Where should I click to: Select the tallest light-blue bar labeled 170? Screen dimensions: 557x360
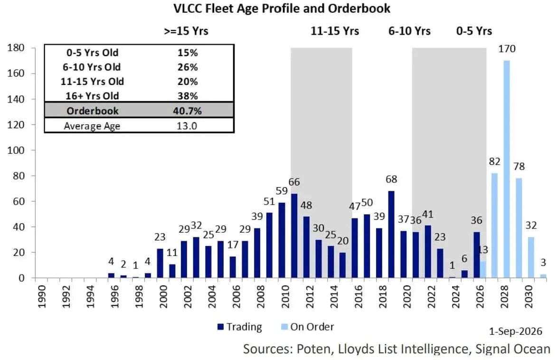507,169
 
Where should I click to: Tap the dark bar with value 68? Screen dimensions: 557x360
391,235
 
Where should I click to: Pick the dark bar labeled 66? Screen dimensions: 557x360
294,236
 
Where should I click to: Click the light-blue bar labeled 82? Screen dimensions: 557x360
494,225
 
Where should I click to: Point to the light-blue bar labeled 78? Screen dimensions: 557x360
519,228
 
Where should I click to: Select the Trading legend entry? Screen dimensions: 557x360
240,327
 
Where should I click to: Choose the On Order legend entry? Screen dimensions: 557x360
308,327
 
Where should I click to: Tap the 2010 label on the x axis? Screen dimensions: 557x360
285,296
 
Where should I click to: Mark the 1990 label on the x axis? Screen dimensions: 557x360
42,296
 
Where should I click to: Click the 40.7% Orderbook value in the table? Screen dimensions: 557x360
187,111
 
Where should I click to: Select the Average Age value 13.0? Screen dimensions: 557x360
187,126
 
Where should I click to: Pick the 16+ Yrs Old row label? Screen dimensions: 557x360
93,96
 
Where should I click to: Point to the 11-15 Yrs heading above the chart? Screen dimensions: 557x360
335,31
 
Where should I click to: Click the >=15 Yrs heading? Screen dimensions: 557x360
186,31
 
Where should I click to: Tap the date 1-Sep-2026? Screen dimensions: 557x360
516,331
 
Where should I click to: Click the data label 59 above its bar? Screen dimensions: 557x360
282,191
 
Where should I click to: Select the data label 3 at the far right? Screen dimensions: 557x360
543,263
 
